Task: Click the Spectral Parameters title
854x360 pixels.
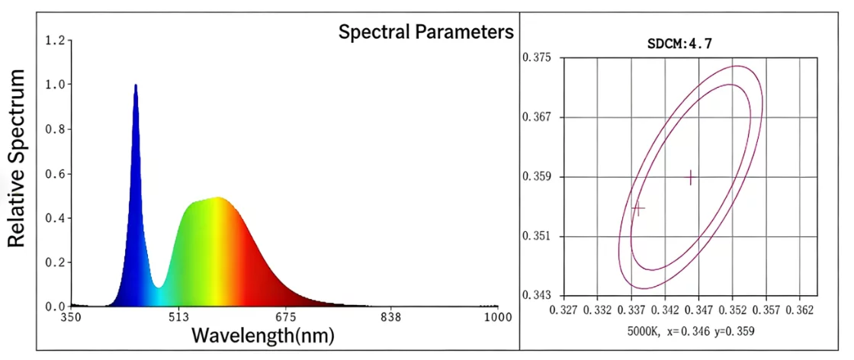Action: pyautogui.click(x=426, y=32)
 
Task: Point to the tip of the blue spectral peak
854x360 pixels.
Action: pyautogui.click(x=136, y=85)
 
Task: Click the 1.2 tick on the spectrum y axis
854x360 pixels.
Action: pyautogui.click(x=55, y=40)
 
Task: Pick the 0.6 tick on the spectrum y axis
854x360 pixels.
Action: pyautogui.click(x=55, y=173)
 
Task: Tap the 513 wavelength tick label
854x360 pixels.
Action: pyautogui.click(x=179, y=317)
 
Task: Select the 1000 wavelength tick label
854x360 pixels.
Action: pyautogui.click(x=497, y=317)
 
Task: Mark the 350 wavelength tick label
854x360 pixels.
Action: pyautogui.click(x=71, y=317)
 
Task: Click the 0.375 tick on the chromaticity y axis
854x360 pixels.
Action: pyautogui.click(x=537, y=58)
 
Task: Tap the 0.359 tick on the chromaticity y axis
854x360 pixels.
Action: pyautogui.click(x=537, y=177)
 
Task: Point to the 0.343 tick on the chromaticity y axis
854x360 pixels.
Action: pyautogui.click(x=537, y=295)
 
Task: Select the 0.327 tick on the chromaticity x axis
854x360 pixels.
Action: pyautogui.click(x=563, y=311)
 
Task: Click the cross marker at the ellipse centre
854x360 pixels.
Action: pyautogui.click(x=691, y=177)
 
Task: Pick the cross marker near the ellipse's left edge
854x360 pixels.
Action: pyautogui.click(x=638, y=207)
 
